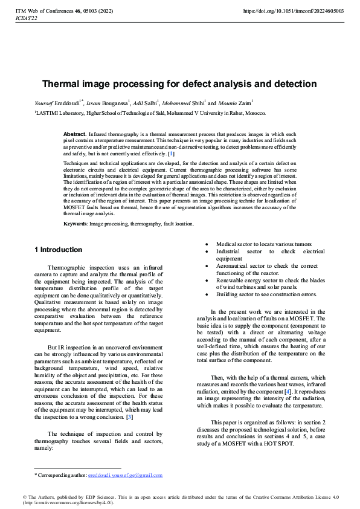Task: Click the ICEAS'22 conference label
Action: point(26,18)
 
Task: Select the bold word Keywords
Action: point(76,224)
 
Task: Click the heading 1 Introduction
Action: point(59,250)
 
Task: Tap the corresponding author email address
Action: point(125,475)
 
